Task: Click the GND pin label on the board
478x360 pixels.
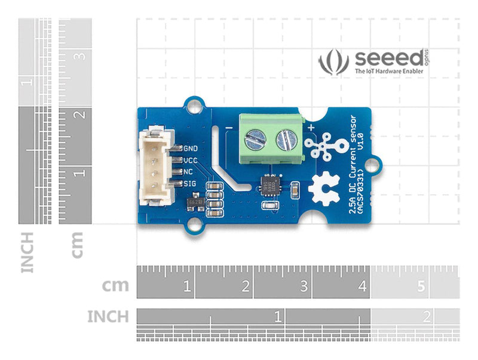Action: (x=191, y=148)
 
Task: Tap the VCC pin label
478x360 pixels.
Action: (x=191, y=160)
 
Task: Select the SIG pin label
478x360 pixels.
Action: (x=191, y=183)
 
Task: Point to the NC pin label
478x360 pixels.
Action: (x=188, y=171)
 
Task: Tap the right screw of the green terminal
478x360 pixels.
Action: (x=286, y=141)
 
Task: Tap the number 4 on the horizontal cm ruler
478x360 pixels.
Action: (x=362, y=287)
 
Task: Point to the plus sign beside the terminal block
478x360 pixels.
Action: (x=312, y=127)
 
